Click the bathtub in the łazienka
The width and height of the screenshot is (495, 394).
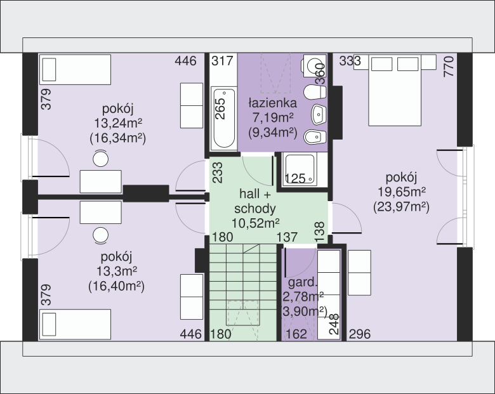pos(224,119)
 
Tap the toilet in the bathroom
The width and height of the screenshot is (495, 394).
pos(315,93)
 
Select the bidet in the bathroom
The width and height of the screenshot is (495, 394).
pos(315,137)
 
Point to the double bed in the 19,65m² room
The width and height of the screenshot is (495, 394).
pos(395,90)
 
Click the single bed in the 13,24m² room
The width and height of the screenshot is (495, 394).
pos(75,70)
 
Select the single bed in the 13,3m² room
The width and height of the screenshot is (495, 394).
pos(75,325)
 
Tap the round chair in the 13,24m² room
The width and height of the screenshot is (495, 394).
pos(101,159)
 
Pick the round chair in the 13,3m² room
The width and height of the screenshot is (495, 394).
pos(101,235)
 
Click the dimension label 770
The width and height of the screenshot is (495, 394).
pos(449,66)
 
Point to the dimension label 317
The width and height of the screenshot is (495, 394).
pos(222,61)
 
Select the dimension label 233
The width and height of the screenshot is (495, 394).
pos(218,173)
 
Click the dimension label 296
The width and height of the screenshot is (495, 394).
pos(360,334)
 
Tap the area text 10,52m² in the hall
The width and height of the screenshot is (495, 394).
pos(256,223)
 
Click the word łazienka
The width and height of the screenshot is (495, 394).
pos(273,103)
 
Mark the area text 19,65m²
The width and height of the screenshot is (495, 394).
pos(402,192)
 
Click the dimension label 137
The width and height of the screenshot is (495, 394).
pos(287,237)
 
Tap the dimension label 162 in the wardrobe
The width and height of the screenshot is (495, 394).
pos(296,334)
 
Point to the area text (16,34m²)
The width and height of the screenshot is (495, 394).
pos(118,138)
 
